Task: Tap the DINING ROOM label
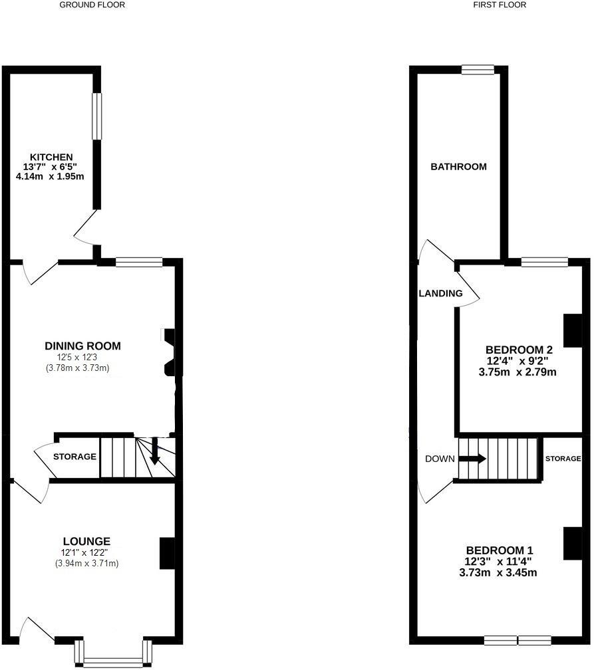pos(82,346)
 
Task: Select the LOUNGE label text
pos(86,541)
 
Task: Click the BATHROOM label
pos(458,167)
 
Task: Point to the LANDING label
pos(440,293)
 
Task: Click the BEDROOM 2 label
pos(520,350)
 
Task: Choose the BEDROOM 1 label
pos(500,550)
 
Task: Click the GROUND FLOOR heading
pos(92,5)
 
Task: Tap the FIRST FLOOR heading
pos(500,5)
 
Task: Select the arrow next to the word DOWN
pos(473,459)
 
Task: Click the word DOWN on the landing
pos(440,459)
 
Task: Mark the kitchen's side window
pos(97,116)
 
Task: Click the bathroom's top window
pos(478,68)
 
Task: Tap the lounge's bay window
pos(113,661)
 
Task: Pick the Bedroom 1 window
pos(518,641)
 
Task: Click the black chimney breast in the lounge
pos(166,553)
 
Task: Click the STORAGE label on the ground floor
pos(74,457)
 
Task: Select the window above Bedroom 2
pos(544,262)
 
